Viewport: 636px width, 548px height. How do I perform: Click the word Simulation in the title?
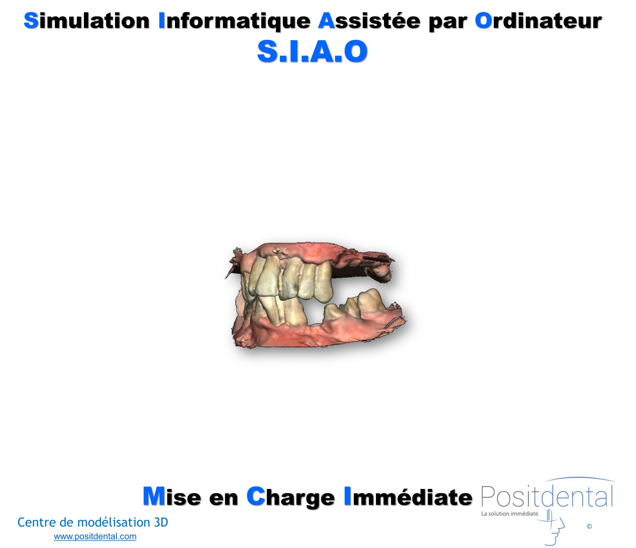(x=87, y=21)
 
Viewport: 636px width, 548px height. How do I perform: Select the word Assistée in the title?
(x=369, y=21)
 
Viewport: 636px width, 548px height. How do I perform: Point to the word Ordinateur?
(x=538, y=21)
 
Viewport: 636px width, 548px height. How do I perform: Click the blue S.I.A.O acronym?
(x=312, y=51)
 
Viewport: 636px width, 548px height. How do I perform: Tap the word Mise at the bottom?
(x=172, y=445)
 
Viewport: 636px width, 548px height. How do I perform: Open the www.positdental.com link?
(x=95, y=536)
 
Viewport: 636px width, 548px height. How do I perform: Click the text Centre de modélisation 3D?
(x=93, y=522)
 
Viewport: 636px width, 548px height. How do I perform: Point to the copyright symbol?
(x=589, y=526)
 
